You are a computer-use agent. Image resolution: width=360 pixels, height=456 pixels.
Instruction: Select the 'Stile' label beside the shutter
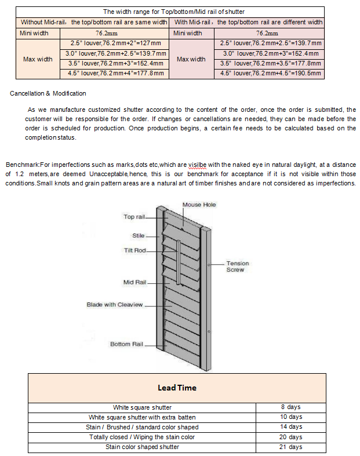pos(138,236)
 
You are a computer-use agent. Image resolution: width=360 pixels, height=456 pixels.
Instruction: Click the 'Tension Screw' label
pos(237,267)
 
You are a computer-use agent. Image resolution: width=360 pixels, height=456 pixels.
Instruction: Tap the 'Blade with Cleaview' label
pos(114,304)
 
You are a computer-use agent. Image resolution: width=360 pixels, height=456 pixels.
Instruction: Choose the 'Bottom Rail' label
pos(126,344)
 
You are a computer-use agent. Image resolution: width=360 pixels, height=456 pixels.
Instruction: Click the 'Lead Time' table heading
pos(177,388)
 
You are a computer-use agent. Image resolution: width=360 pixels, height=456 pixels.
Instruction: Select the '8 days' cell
pos(290,407)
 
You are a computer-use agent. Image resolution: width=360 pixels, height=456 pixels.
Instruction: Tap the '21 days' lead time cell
pos(290,447)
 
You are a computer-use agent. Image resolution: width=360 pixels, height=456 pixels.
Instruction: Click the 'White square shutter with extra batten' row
pos(142,417)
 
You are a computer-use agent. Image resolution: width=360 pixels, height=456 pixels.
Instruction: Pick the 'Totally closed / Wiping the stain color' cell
pos(142,437)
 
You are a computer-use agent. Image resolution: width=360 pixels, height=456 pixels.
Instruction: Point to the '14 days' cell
pos(290,427)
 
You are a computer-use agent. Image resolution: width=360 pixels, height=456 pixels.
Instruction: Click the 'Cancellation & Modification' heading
pos(48,93)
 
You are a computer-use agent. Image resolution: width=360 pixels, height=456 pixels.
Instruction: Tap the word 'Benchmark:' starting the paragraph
pos(22,165)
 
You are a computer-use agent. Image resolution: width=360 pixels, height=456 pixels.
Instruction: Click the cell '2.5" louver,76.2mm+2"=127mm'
pos(116,43)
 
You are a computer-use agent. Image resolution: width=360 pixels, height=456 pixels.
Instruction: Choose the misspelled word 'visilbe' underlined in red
pos(197,165)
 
